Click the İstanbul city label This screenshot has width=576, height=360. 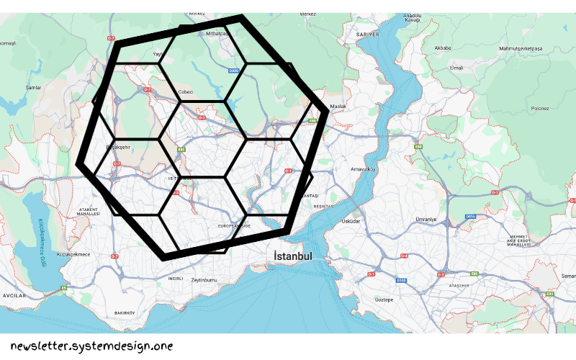coord(293,256)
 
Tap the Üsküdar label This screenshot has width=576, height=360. coord(351,221)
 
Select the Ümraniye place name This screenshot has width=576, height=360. coord(426,219)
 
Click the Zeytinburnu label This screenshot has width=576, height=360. coord(204,280)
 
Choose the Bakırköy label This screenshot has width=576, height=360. coord(125,312)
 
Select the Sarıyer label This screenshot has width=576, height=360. coord(367,34)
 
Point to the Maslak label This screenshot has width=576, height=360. coord(338,107)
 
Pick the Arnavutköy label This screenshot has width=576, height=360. coord(364,169)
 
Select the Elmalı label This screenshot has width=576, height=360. coord(456,68)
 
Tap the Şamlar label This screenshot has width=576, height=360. coord(33,88)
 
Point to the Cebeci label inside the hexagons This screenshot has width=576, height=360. coord(186,91)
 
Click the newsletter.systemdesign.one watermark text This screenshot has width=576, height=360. coord(91,346)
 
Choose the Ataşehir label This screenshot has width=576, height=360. coord(459,286)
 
